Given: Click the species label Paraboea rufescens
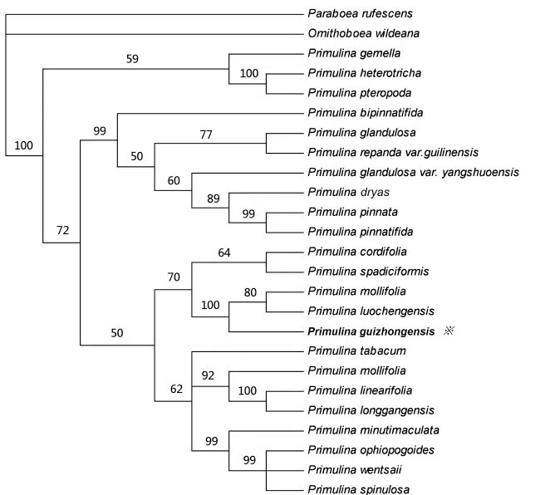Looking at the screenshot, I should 360,13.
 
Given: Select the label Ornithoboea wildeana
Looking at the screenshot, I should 362,33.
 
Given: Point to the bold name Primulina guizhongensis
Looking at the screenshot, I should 371,331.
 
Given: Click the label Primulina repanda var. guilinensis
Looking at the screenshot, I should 396,152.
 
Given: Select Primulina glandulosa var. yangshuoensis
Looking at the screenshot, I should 413,172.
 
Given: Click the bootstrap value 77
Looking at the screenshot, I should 208,134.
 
